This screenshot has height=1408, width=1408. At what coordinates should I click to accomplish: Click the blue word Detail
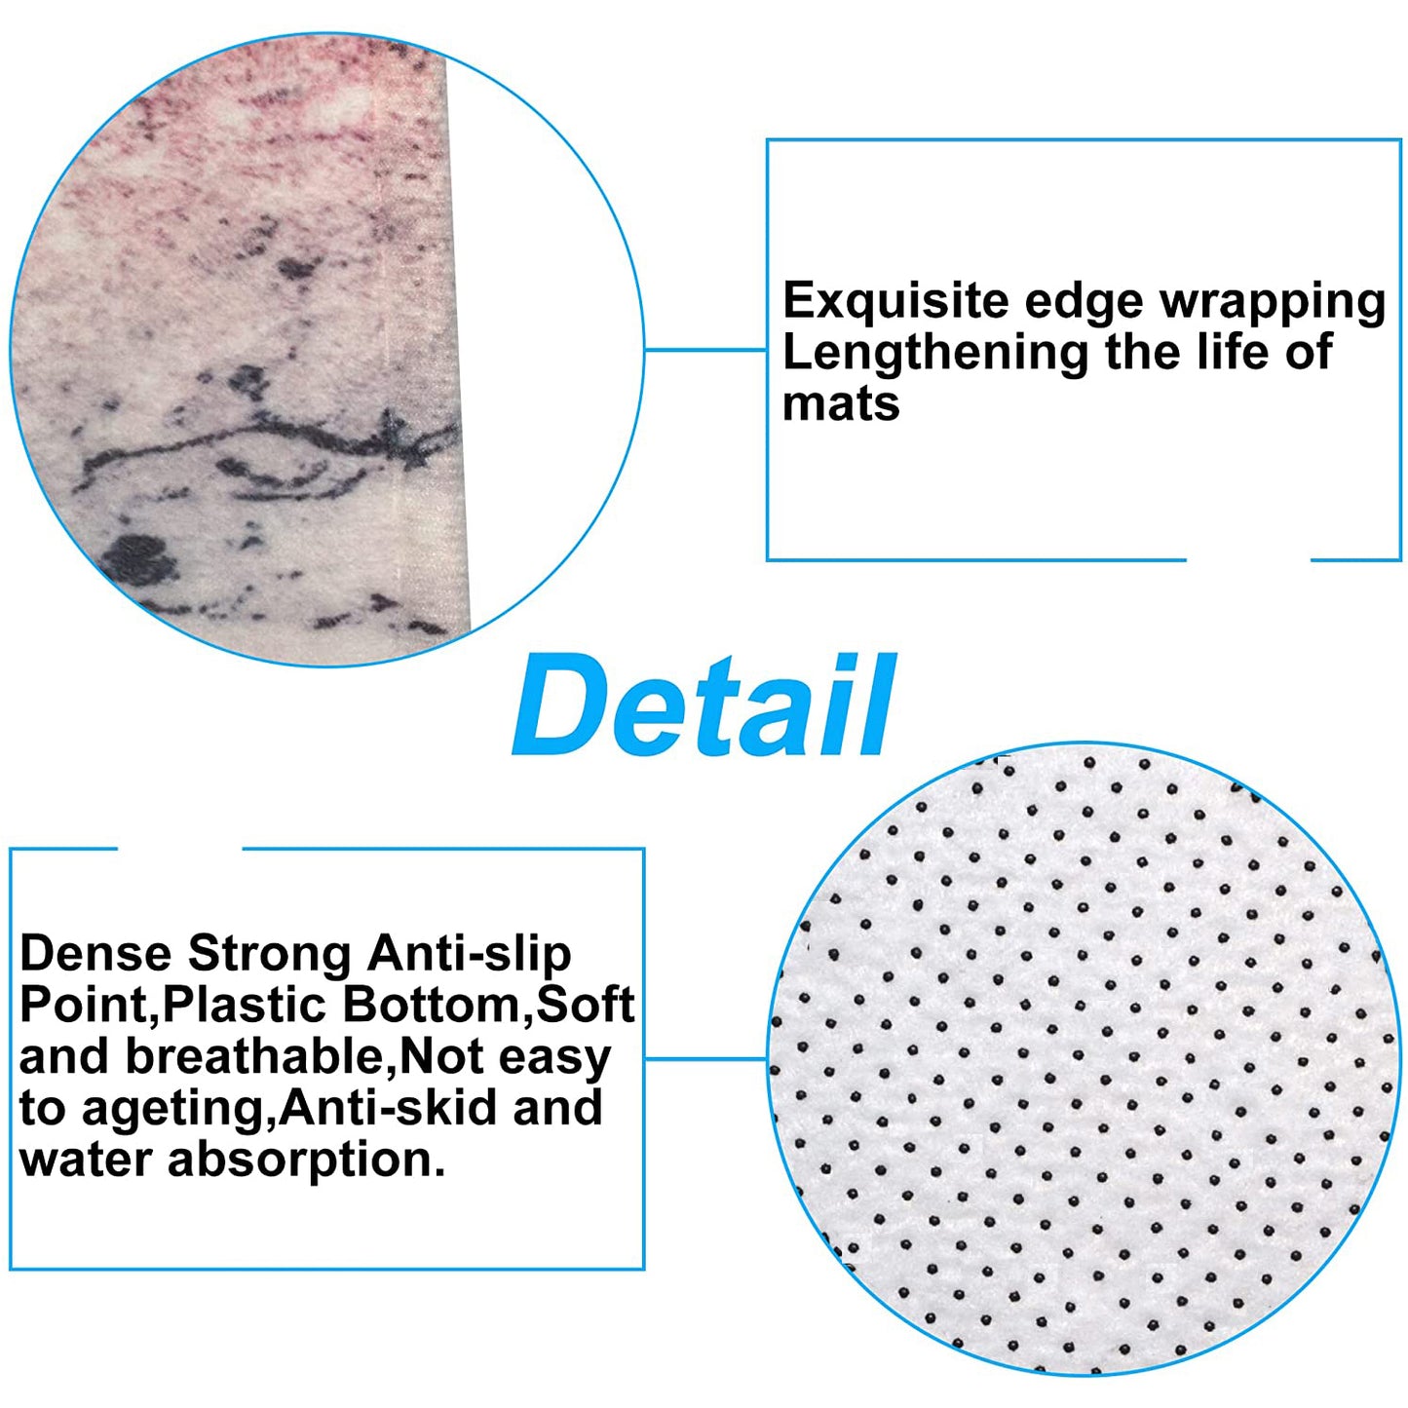(x=704, y=705)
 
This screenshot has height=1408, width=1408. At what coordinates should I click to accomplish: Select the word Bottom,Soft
(x=488, y=1007)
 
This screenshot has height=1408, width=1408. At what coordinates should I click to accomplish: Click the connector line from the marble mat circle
(x=704, y=349)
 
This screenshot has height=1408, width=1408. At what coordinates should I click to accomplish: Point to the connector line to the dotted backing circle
(x=705, y=1057)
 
